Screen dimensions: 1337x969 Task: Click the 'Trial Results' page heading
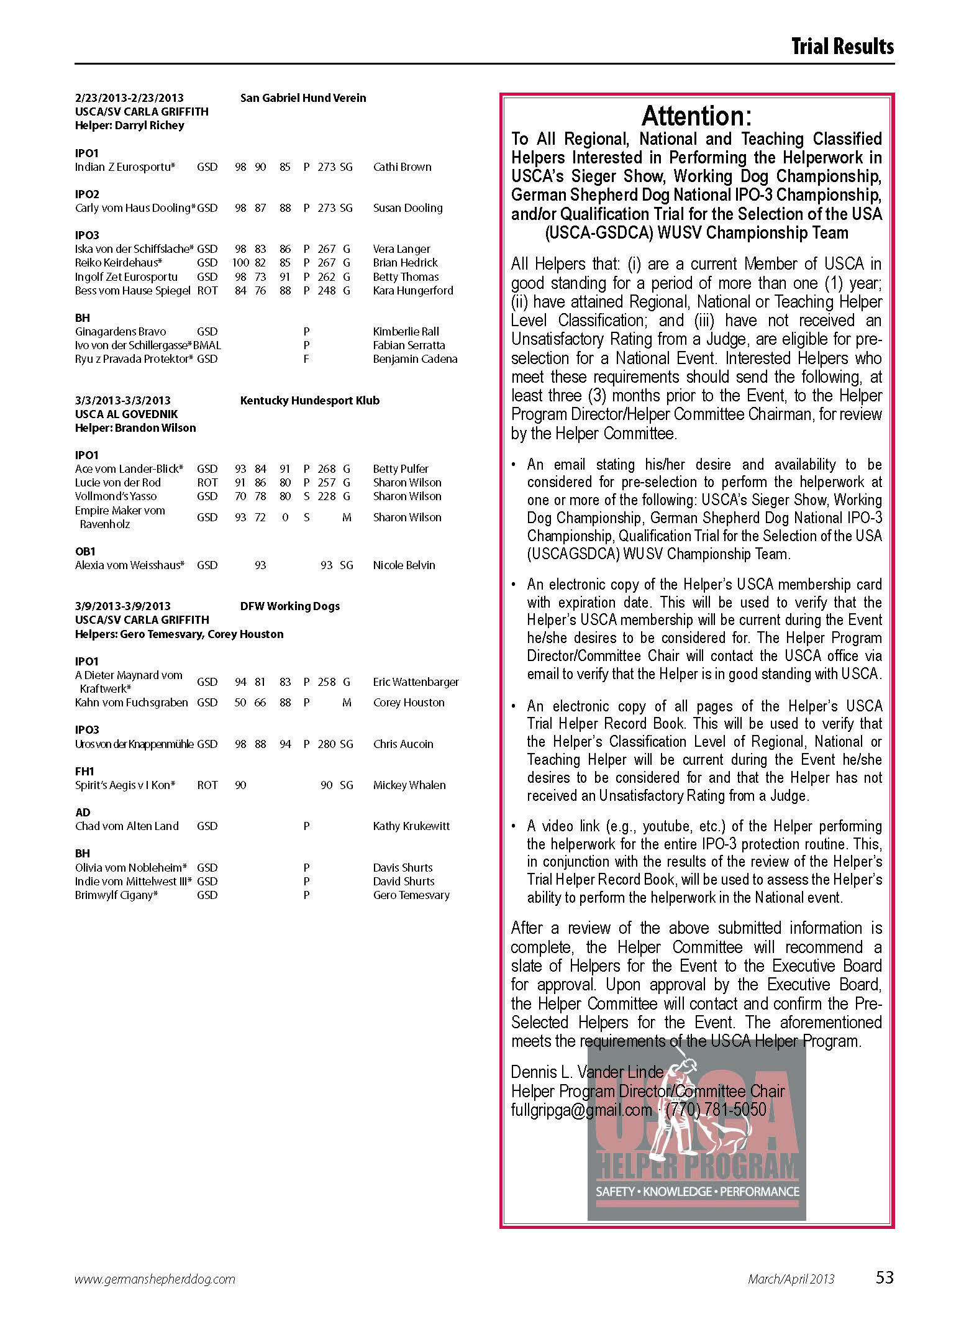[x=842, y=47]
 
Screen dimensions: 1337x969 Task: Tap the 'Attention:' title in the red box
[x=696, y=116]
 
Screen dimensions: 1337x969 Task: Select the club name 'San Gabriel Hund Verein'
[x=303, y=98]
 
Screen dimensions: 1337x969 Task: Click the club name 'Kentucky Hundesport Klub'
[x=309, y=401]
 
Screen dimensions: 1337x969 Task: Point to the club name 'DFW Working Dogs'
[x=289, y=606]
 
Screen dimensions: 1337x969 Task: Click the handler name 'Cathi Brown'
[x=402, y=167]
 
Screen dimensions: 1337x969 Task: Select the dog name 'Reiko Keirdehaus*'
[x=119, y=263]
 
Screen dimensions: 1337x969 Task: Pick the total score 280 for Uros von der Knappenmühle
[x=326, y=744]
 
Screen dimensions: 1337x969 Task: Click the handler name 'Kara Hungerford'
[x=413, y=291]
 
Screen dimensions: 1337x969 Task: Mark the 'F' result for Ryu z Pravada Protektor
[x=306, y=359]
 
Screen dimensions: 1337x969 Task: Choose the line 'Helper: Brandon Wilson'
[x=135, y=428]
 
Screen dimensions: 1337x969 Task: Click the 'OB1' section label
[x=85, y=552]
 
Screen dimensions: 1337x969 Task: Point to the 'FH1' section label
[x=84, y=772]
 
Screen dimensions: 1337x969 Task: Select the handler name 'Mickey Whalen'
[x=409, y=785]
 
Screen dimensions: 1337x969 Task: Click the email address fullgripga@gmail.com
[x=581, y=1110]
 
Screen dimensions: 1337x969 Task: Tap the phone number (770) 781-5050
[x=716, y=1110]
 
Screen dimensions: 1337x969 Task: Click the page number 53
[x=884, y=1277]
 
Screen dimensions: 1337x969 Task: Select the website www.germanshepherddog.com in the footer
[x=155, y=1279]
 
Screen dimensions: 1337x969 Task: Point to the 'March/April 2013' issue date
[x=791, y=1279]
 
